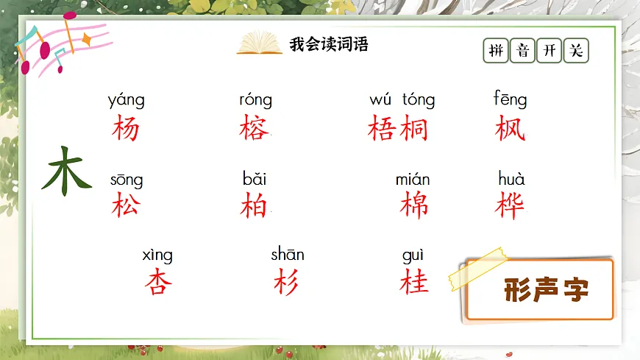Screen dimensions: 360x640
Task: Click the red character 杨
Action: (x=126, y=129)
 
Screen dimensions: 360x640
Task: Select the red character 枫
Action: (x=511, y=128)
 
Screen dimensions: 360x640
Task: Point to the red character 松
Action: (x=126, y=205)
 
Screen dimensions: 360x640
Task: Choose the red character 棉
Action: (x=414, y=205)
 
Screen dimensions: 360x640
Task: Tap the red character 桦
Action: (x=511, y=205)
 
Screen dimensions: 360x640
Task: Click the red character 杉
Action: (x=287, y=282)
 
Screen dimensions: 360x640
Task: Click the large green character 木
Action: (x=67, y=172)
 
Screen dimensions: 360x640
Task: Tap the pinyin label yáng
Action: (x=126, y=100)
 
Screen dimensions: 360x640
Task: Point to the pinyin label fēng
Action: (x=510, y=99)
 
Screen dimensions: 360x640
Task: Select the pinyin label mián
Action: (x=413, y=180)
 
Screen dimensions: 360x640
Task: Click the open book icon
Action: (x=259, y=43)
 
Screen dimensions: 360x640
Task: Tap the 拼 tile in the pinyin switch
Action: (x=497, y=51)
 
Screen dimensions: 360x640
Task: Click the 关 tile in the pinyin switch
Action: (x=576, y=51)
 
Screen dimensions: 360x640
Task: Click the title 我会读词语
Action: (x=328, y=44)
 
